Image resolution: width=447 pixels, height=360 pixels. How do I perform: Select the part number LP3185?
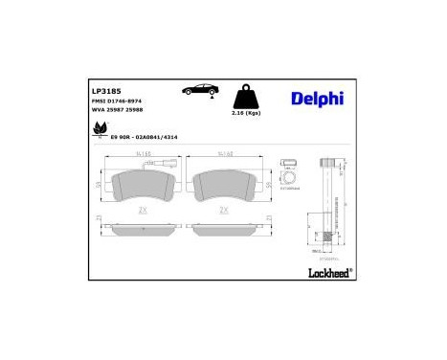point(104,92)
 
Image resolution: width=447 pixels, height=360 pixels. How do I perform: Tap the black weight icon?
point(244,96)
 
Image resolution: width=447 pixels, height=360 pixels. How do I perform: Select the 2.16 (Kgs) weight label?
point(245,113)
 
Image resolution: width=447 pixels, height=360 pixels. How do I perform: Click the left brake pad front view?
point(144,190)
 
